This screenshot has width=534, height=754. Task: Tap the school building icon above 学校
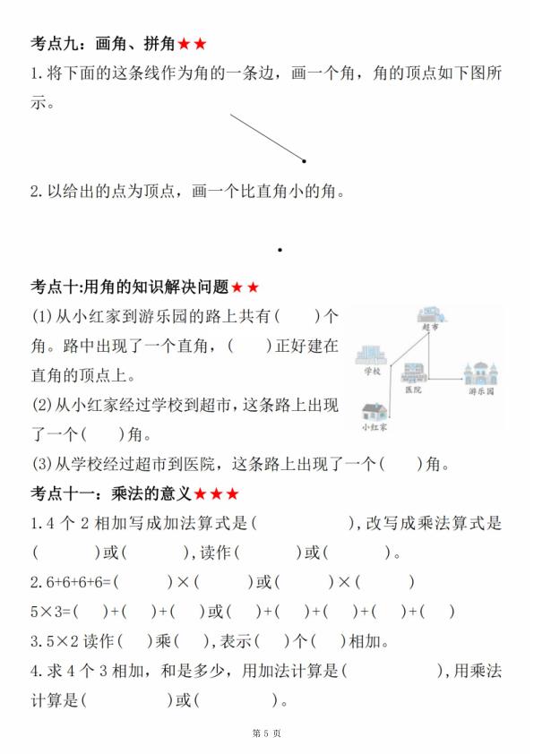click(372, 356)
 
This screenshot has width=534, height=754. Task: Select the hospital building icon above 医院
click(414, 374)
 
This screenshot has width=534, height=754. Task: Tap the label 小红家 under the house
click(375, 428)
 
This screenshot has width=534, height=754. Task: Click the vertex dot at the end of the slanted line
click(305, 161)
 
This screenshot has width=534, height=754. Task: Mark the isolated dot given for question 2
click(280, 250)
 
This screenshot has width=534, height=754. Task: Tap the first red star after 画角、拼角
click(184, 43)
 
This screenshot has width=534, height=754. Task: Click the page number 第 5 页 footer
click(267, 733)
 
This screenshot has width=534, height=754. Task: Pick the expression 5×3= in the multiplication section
click(52, 613)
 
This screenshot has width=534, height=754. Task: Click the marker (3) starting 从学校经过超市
click(42, 464)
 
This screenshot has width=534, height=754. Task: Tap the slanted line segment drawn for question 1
click(266, 137)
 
